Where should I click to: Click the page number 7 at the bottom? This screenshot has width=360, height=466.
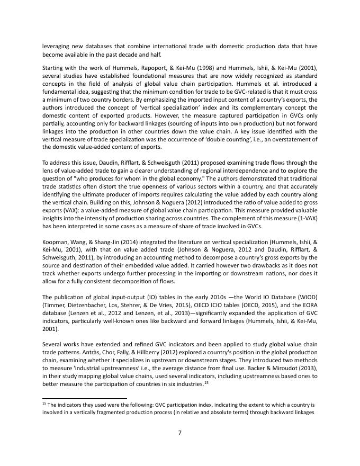[x=180, y=433]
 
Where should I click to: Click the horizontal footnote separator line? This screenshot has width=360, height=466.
[x=85, y=398]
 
